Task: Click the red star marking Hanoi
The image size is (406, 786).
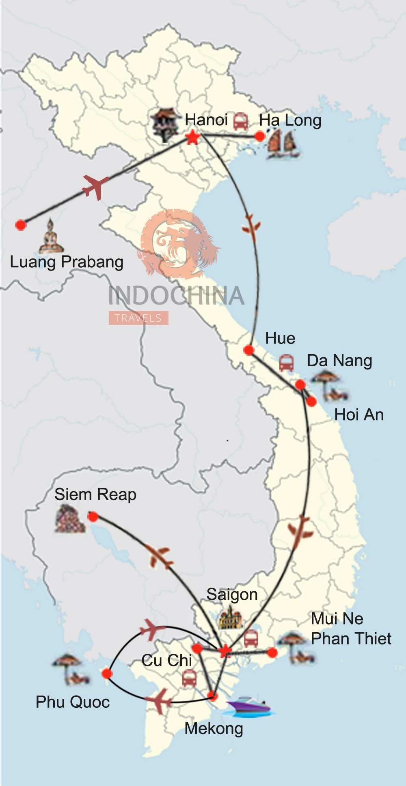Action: point(193,137)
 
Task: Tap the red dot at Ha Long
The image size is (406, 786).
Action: point(260,136)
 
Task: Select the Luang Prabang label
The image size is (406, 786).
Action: point(67,262)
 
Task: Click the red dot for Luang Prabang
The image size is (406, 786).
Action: point(21,225)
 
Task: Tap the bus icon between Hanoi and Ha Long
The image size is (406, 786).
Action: point(240,121)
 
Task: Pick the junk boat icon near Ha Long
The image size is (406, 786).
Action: point(283,144)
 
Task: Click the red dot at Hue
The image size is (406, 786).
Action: point(249,350)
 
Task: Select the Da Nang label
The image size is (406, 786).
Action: point(339,361)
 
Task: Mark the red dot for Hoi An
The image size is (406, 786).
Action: point(311,402)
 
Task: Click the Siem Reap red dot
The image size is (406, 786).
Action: point(93,517)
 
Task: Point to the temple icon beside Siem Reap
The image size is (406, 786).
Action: point(70,519)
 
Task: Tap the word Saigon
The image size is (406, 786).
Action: point(232,595)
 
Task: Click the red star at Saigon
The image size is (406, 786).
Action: point(225,651)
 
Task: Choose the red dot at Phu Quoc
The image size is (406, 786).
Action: point(107,674)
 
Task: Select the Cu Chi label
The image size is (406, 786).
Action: point(166,660)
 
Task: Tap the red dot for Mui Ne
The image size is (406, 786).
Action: point(272,653)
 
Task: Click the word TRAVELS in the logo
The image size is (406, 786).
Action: point(138,318)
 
